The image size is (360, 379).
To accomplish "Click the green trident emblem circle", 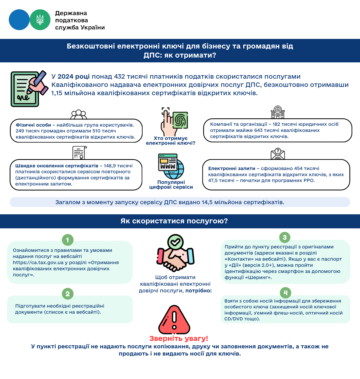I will pos(40,20).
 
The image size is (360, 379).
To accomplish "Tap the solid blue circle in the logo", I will pos(19,20).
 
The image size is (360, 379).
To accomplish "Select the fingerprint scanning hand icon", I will pos(174,121).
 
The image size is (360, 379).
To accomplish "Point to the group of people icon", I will pos(79,115).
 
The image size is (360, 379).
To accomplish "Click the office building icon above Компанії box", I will pos(278,112).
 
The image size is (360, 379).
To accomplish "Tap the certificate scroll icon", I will pos(79,153).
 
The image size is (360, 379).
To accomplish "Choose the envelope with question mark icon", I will pos(278,154).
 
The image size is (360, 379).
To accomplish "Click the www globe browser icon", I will pos(171,166).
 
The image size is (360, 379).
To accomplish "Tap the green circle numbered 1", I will pos(68,240).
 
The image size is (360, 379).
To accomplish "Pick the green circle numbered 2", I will pos(68,294).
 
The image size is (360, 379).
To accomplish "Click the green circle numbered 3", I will pos(285,237).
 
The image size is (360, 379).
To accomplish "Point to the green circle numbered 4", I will pos(285,293).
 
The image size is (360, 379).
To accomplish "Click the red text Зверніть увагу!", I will pos(179,338).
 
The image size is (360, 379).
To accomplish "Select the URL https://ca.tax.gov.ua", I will pos(38,263).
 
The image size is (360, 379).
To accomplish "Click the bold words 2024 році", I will pos(74,76).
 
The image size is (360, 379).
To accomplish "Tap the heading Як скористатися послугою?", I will pos(174,221).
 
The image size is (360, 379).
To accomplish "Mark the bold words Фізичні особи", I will pos(33,125).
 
